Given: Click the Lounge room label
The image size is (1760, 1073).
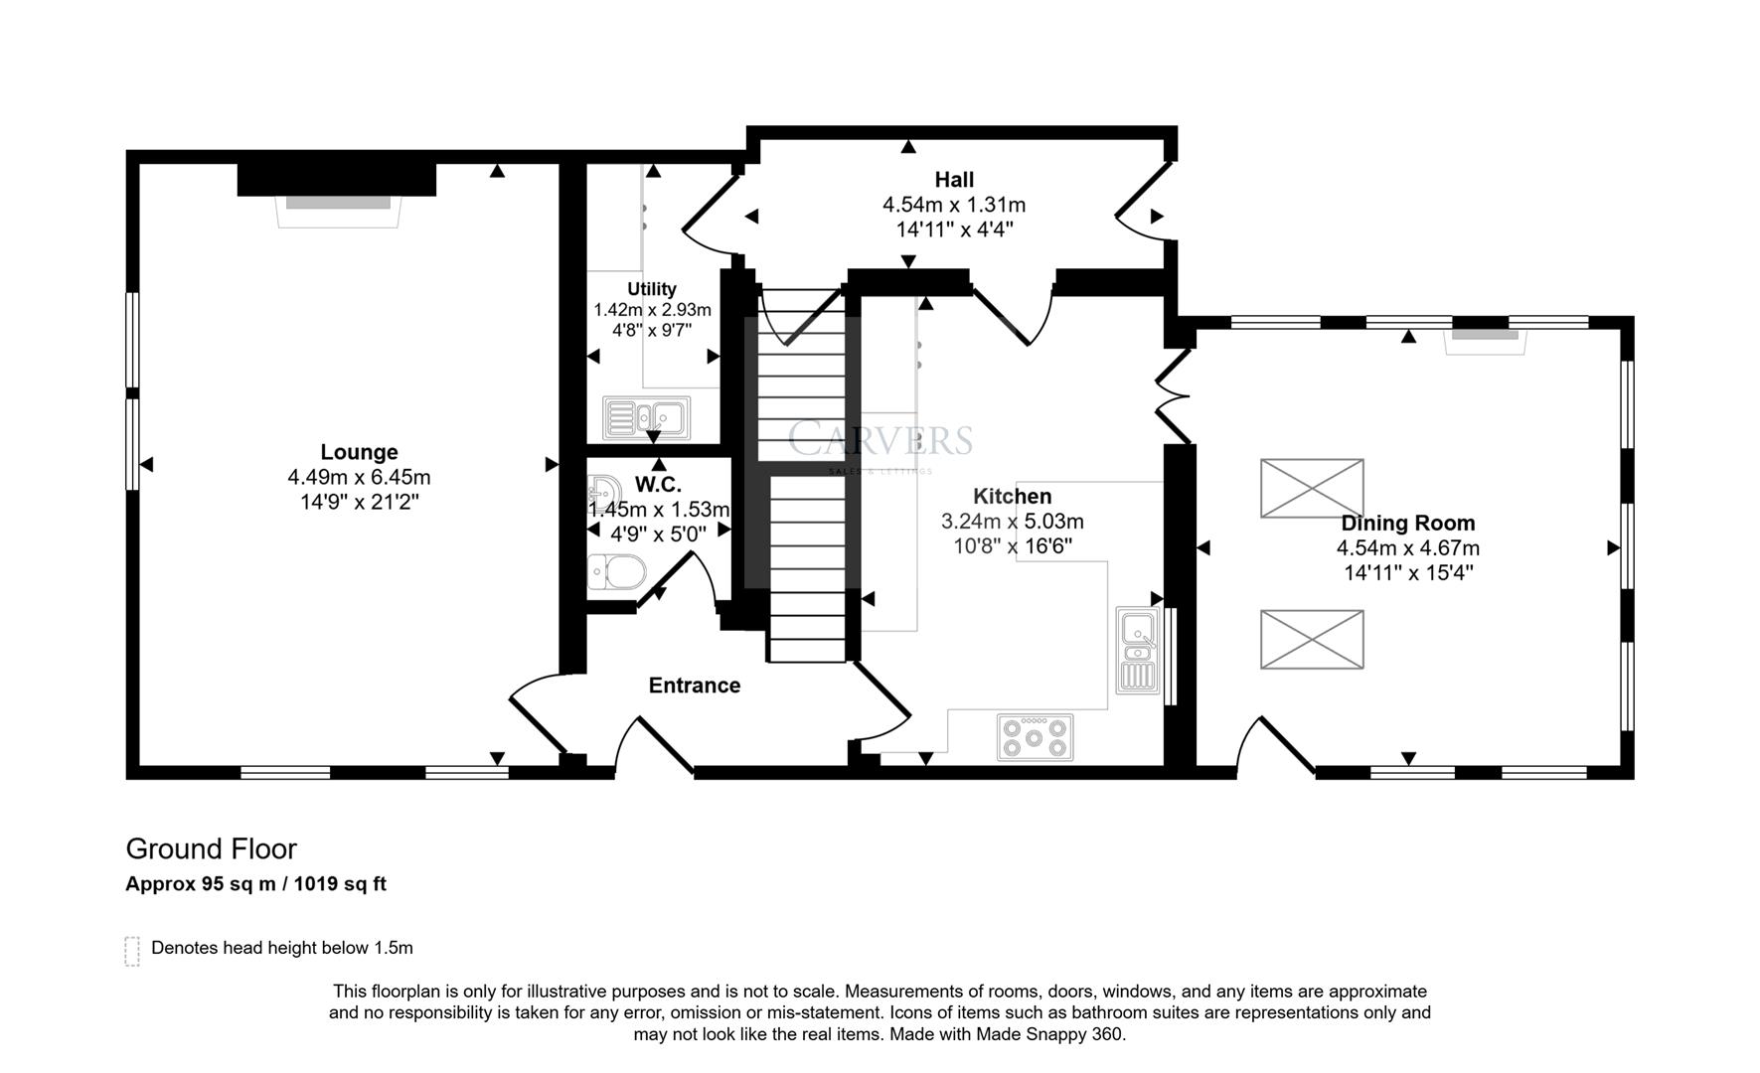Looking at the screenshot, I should pos(359,452).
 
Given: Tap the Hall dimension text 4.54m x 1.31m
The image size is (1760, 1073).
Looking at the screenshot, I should pos(953,205).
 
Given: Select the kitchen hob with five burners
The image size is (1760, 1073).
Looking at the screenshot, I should pos(1035,738).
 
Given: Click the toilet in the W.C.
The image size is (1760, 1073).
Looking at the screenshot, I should pos(615,572).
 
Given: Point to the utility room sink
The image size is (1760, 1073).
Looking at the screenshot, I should pos(646,416).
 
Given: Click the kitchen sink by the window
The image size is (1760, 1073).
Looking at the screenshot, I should pos(1137,650).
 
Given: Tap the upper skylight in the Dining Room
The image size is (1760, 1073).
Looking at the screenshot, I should pos(1311,488).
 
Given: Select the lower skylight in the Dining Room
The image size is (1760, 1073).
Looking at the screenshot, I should pos(1311,639).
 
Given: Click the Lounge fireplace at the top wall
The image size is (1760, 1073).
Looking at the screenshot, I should pos(337,202).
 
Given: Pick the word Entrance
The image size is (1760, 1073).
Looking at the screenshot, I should pos(694,686).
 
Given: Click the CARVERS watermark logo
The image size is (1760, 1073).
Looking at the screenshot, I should pos(880,440).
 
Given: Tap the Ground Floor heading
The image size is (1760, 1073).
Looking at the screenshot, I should pos(211,848).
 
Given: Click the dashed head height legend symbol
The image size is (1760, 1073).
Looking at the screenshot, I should pos(132,951).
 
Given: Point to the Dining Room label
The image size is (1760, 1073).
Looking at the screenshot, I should pos(1407,523).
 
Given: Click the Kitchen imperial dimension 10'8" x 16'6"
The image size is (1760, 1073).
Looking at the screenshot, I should pos(1012,545).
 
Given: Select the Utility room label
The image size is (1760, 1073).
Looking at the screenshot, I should pos(651,289).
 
